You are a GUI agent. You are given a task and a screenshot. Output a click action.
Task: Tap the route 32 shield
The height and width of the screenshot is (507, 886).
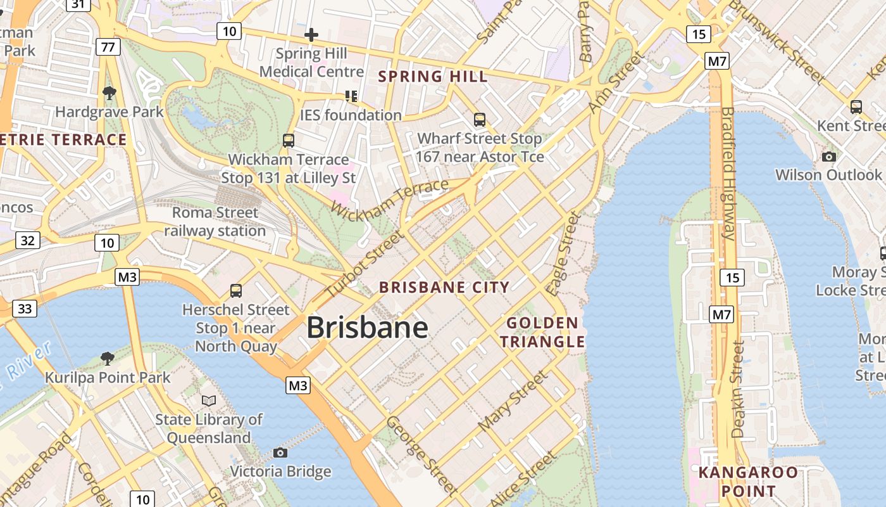27,240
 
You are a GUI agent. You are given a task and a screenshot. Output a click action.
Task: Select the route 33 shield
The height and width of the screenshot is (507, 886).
25,309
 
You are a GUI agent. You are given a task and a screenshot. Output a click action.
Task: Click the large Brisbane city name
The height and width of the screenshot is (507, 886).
367,328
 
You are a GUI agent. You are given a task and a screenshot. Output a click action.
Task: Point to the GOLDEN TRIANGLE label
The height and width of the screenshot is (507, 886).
542,333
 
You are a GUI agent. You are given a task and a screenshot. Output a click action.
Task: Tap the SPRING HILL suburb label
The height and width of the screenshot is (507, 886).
433,77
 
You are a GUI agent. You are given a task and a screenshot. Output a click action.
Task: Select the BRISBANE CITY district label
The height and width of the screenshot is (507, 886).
444,287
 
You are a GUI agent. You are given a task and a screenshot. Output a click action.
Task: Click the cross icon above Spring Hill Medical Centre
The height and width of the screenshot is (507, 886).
311,35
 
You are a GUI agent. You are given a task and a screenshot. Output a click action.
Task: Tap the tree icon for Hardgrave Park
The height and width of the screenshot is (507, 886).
109,93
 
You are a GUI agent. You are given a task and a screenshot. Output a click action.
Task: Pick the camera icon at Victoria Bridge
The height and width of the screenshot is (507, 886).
280,452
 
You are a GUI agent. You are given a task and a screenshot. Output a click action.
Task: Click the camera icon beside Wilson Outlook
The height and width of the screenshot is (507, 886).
828,157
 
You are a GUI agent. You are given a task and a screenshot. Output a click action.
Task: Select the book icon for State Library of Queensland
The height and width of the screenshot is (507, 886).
209,401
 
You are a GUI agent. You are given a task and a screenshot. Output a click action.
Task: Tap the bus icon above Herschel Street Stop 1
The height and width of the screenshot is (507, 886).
236,291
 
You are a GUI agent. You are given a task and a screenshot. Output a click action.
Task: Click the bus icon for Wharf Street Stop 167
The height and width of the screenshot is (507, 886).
480,119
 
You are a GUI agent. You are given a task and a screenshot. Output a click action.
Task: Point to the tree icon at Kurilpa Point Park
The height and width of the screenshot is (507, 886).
108,359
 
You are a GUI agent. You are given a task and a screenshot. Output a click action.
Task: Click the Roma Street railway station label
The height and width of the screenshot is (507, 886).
215,222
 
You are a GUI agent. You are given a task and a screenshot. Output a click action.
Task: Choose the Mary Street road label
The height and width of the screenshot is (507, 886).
513,402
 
